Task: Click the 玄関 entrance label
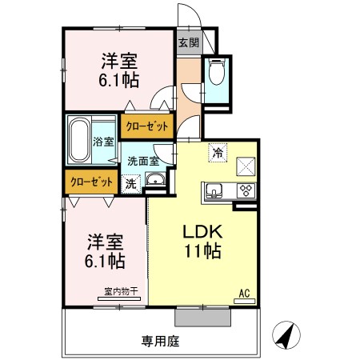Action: tap(188, 42)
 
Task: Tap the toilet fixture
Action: tap(217, 74)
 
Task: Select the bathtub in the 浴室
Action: tap(81, 139)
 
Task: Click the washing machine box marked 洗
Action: tap(131, 182)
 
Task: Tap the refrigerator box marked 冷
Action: tap(217, 151)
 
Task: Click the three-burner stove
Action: tap(244, 190)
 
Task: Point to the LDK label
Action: tap(199, 233)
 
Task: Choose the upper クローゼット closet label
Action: tap(146, 125)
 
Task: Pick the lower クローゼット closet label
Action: tap(92, 181)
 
